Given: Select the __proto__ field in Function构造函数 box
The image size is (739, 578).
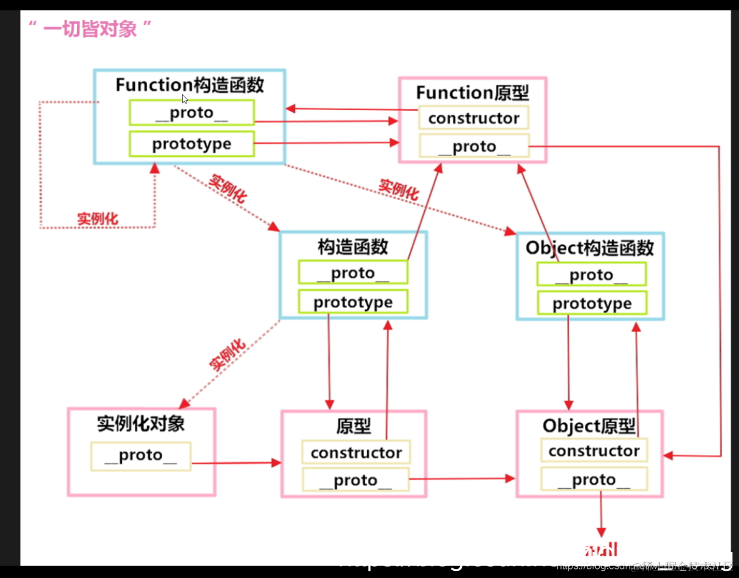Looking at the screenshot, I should pyautogui.click(x=192, y=113).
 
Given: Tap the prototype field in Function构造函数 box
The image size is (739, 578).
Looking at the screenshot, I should pyautogui.click(x=192, y=144).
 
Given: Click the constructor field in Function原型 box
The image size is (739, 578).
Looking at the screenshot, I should pyautogui.click(x=473, y=118).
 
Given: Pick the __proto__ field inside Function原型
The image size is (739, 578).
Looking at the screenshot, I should pyautogui.click(x=473, y=147).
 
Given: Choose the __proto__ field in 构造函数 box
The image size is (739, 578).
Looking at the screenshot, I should pyautogui.click(x=353, y=273).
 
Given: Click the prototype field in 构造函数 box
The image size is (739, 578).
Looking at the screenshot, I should pyautogui.click(x=353, y=302).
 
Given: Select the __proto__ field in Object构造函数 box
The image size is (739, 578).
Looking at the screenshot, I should pyautogui.click(x=591, y=275).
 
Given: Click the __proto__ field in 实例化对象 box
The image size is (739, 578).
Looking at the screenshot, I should pyautogui.click(x=141, y=456).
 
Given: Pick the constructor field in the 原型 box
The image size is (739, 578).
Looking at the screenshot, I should pyautogui.click(x=356, y=452).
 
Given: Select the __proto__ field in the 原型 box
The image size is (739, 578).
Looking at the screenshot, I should pyautogui.click(x=356, y=480).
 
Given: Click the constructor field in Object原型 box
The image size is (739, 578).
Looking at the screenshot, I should pyautogui.click(x=594, y=450).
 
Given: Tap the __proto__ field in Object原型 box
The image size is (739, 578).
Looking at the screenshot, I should pyautogui.click(x=594, y=480).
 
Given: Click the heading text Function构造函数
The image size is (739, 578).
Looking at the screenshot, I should pyautogui.click(x=190, y=85).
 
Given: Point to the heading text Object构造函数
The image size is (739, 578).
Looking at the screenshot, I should pyautogui.click(x=589, y=248).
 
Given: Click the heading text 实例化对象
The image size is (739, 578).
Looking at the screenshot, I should pyautogui.click(x=141, y=424).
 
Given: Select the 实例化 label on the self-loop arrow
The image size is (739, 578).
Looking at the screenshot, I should pyautogui.click(x=98, y=219).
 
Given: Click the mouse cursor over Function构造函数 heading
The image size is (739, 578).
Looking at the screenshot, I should pyautogui.click(x=185, y=99).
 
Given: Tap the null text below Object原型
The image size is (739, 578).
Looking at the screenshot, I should pyautogui.click(x=600, y=551).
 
